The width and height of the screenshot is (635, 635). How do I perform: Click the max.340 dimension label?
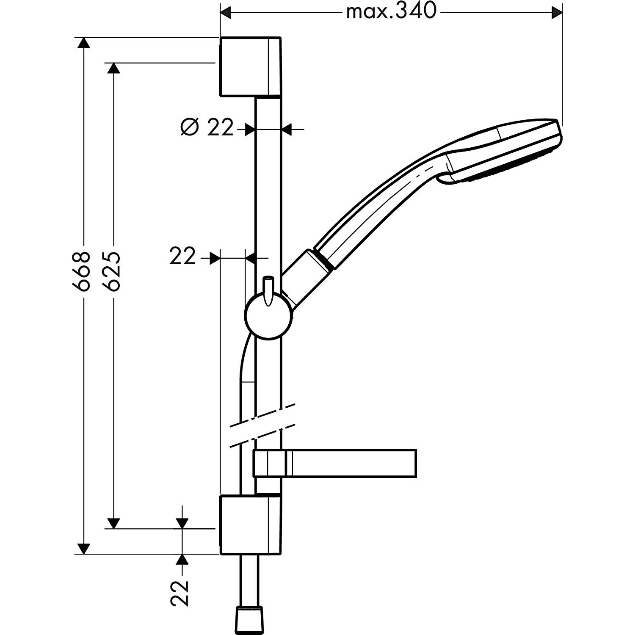point(390,12)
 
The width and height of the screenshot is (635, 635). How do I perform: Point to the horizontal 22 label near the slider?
point(182,256)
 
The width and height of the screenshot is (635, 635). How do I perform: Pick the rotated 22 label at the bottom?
point(180,593)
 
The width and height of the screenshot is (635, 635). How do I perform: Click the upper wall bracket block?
point(249,67)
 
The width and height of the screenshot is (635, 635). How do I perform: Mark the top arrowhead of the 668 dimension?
point(84,43)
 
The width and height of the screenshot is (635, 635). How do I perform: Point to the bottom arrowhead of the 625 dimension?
point(113,523)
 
